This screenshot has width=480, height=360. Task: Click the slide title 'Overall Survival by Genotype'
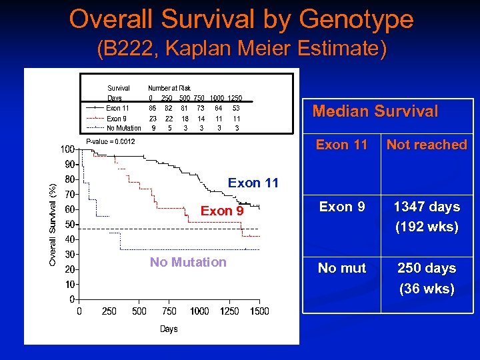pyautogui.click(x=241, y=19)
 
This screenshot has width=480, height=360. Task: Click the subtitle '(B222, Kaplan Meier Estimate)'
pyautogui.click(x=241, y=50)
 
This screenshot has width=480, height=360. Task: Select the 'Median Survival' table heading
pyautogui.click(x=375, y=111)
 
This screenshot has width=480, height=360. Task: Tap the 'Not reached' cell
pyautogui.click(x=427, y=145)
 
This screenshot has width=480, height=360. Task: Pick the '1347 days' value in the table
pyautogui.click(x=427, y=207)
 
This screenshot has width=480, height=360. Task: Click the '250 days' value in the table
pyautogui.click(x=427, y=268)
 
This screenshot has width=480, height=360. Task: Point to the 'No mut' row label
pyautogui.click(x=342, y=268)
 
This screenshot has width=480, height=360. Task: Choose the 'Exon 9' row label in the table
pyautogui.click(x=342, y=207)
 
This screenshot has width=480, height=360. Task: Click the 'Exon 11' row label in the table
pyautogui.click(x=342, y=145)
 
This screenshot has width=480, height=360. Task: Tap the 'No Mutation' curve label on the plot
pyautogui.click(x=188, y=262)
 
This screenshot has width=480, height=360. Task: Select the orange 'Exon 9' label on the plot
pyautogui.click(x=222, y=211)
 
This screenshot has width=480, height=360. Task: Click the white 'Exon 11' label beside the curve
pyautogui.click(x=253, y=183)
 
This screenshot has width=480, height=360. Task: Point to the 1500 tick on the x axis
pyautogui.click(x=259, y=311)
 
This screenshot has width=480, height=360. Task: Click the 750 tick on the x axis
pyautogui.click(x=169, y=311)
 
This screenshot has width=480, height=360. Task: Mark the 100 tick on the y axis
pyautogui.click(x=67, y=149)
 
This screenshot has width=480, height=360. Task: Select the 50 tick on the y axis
pyautogui.click(x=69, y=224)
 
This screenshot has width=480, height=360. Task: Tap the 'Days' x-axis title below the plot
pyautogui.click(x=169, y=329)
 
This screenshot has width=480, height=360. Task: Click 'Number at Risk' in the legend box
pyautogui.click(x=169, y=88)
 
